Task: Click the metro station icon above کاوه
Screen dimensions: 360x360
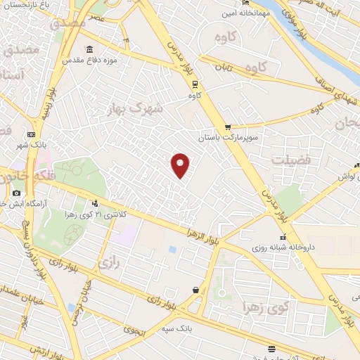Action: [x=195, y=84]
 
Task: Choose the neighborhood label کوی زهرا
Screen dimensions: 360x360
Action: [x=266, y=307]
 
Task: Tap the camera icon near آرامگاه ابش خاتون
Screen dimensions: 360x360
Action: [x=16, y=193]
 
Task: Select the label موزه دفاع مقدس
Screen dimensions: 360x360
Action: [x=118, y=61]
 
